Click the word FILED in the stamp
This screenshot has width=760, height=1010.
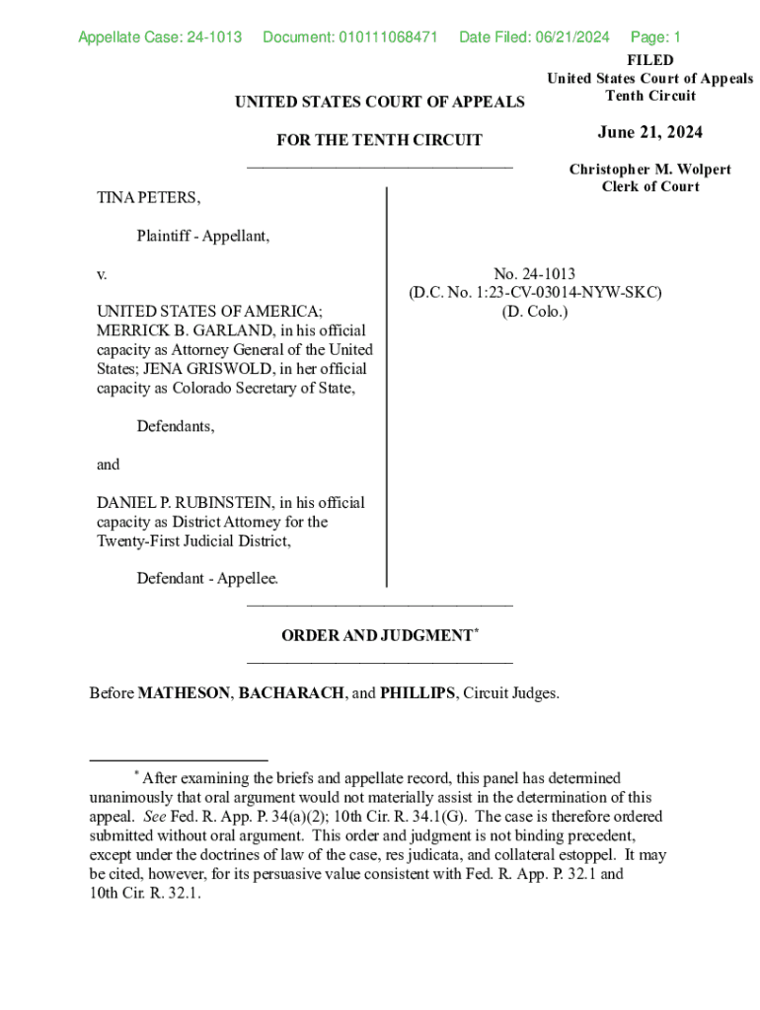click(x=650, y=60)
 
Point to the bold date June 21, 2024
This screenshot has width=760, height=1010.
click(x=650, y=133)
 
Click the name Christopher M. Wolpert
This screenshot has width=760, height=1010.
click(x=650, y=169)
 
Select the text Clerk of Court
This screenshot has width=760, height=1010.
click(x=650, y=186)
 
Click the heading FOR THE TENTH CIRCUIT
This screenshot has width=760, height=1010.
click(x=379, y=140)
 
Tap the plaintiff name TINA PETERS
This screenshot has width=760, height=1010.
click(x=148, y=197)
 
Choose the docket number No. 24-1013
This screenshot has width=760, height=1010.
click(x=535, y=273)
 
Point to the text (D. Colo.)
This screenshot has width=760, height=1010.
click(x=535, y=312)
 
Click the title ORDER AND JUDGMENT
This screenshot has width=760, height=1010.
click(x=376, y=636)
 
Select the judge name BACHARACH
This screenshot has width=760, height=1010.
click(x=292, y=693)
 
